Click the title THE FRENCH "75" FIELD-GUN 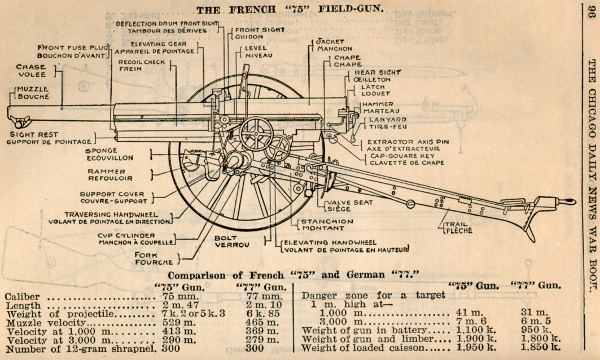(289, 9)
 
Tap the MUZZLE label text (32, 89)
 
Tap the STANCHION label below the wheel (322, 221)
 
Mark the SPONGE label (102, 151)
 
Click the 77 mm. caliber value (264, 296)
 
